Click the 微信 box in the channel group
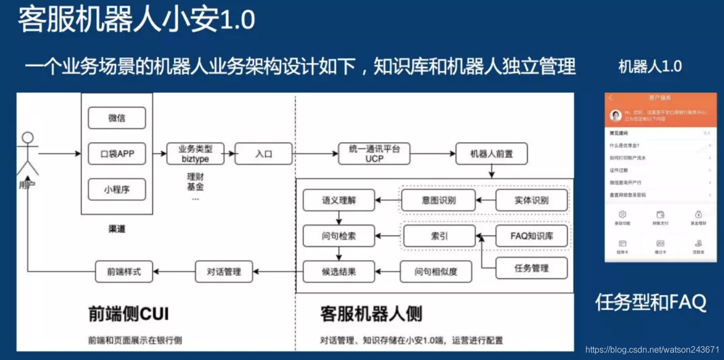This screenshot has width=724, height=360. [x=117, y=118]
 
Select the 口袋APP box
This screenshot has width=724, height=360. [x=117, y=154]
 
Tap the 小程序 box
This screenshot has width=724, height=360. [x=117, y=189]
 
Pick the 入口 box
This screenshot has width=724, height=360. [x=264, y=154]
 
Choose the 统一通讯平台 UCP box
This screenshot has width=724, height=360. [x=374, y=154]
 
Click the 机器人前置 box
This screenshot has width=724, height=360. [x=491, y=154]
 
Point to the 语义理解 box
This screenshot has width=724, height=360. [x=339, y=200]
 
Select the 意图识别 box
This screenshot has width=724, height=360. [x=438, y=200]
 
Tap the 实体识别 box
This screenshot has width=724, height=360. [x=531, y=200]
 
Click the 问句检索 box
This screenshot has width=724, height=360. [x=339, y=236]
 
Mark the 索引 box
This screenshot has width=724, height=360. [x=439, y=236]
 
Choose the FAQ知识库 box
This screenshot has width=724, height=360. [x=531, y=236]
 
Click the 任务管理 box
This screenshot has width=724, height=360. [x=531, y=268]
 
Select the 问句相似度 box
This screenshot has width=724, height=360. [x=436, y=271]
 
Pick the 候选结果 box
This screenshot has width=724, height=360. [x=339, y=271]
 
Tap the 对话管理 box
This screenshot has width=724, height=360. [x=224, y=271]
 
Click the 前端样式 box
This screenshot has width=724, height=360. [x=124, y=271]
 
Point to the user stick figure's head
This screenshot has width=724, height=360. [x=27, y=138]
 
